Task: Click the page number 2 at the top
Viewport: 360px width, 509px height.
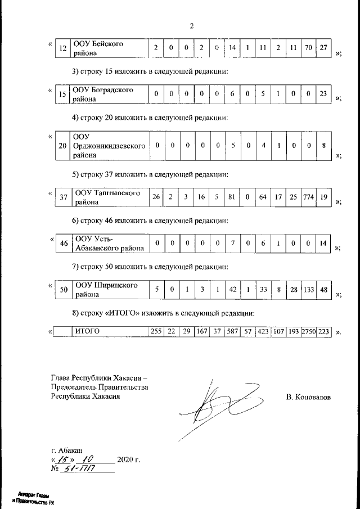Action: [192, 26]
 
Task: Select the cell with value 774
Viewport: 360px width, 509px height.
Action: [308, 197]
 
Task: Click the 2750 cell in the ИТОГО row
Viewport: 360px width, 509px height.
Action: [308, 332]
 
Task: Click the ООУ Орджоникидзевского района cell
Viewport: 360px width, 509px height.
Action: [110, 146]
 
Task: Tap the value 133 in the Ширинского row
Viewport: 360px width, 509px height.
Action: [308, 290]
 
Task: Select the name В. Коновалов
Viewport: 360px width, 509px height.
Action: [308, 398]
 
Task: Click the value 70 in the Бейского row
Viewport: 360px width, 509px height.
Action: [308, 48]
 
